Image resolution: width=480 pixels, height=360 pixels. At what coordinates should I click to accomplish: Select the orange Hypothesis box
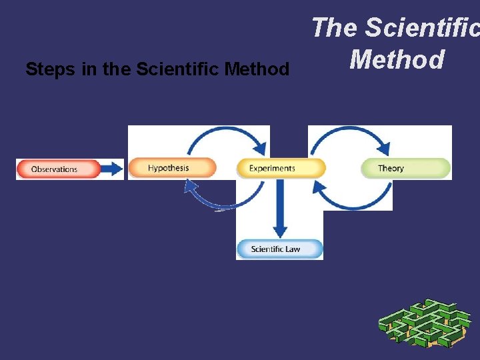[x=171, y=168]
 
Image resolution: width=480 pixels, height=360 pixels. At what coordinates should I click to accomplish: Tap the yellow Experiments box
[x=281, y=168]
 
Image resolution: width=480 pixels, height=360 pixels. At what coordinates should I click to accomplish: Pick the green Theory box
[x=405, y=168]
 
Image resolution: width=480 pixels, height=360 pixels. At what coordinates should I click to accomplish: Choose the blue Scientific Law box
[x=279, y=249]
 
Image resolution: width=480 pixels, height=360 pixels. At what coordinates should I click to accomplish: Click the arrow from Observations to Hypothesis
[x=113, y=169]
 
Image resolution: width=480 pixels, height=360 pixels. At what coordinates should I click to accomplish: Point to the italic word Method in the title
[x=397, y=60]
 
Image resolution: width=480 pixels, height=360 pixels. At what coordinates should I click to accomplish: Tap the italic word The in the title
[x=335, y=28]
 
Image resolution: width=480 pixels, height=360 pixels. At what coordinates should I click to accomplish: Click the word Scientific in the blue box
[x=266, y=249]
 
